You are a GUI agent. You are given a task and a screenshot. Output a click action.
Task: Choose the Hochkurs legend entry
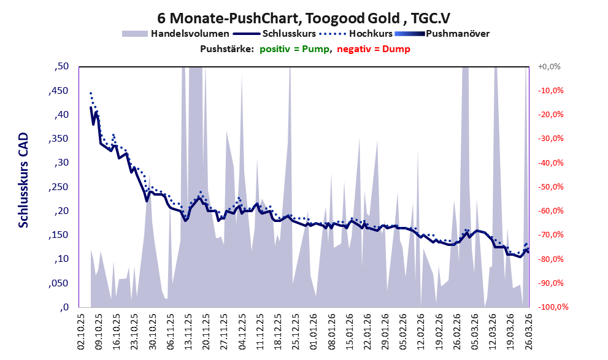tap(366, 33)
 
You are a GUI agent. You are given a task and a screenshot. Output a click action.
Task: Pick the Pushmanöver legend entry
tap(457, 33)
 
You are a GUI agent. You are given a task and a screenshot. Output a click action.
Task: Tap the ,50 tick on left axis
tap(62, 66)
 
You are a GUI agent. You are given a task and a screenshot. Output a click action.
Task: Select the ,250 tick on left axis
tap(60, 187)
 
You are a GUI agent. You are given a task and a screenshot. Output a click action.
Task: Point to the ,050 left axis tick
tap(60, 283)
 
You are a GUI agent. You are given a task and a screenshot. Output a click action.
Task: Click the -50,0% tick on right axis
tap(550, 187)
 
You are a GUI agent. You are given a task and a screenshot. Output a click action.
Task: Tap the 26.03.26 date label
tap(526, 332)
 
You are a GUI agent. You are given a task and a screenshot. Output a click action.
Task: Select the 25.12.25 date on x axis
tap(295, 332)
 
